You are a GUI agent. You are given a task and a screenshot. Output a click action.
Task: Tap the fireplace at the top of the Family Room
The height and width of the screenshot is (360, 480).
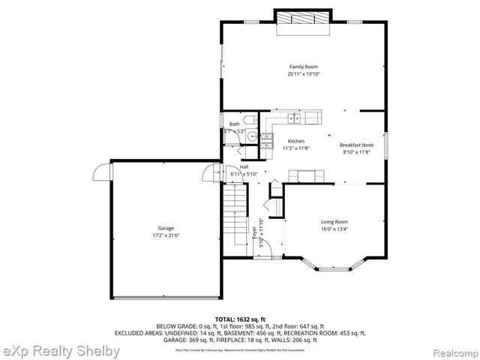point(304,20)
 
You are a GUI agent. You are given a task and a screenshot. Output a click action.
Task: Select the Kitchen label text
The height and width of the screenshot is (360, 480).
point(296,141)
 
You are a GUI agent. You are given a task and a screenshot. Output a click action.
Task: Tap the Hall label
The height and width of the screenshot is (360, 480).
point(244,166)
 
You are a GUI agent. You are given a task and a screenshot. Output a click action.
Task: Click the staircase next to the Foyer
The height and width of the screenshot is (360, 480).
point(236,217)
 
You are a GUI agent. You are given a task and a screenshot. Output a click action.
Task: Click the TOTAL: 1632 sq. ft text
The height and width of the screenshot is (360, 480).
point(239,319)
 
